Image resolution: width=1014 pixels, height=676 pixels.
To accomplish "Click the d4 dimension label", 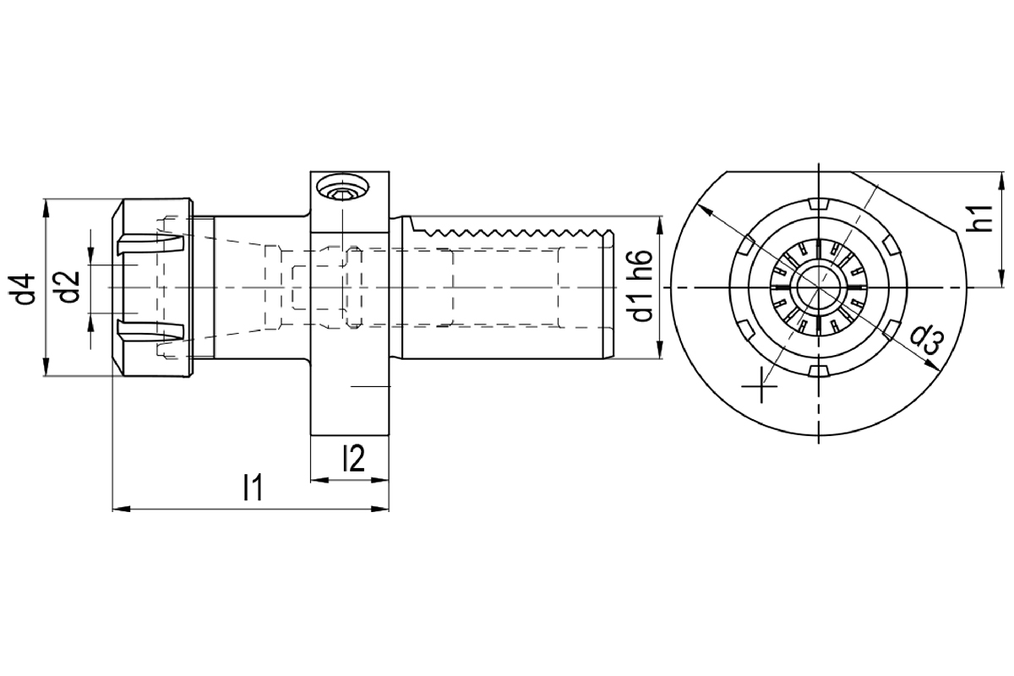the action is coord(22,289).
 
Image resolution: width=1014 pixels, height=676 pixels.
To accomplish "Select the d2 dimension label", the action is coord(69,287).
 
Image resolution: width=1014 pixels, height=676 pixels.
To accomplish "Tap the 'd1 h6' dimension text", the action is coord(642,286).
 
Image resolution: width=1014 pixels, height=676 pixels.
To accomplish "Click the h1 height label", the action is coord(979,218).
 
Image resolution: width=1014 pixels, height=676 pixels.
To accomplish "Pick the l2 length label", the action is coord(354,458).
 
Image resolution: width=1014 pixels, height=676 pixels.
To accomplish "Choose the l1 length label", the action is coord(253,487).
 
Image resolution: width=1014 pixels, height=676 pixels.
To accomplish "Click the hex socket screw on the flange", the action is coord(343,187).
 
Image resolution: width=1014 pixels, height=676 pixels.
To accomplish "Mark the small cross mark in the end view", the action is coord(760,386).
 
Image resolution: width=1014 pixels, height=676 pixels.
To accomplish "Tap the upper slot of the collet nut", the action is coord(150,243).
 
